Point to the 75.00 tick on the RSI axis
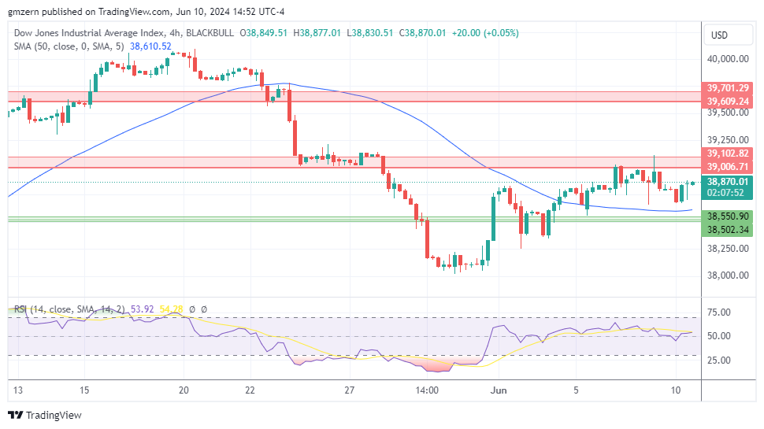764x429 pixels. [x=720, y=313]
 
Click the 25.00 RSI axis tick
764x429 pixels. [x=720, y=361]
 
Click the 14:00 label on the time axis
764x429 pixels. [x=426, y=390]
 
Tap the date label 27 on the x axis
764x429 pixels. [x=350, y=390]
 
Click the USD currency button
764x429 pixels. [x=719, y=35]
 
